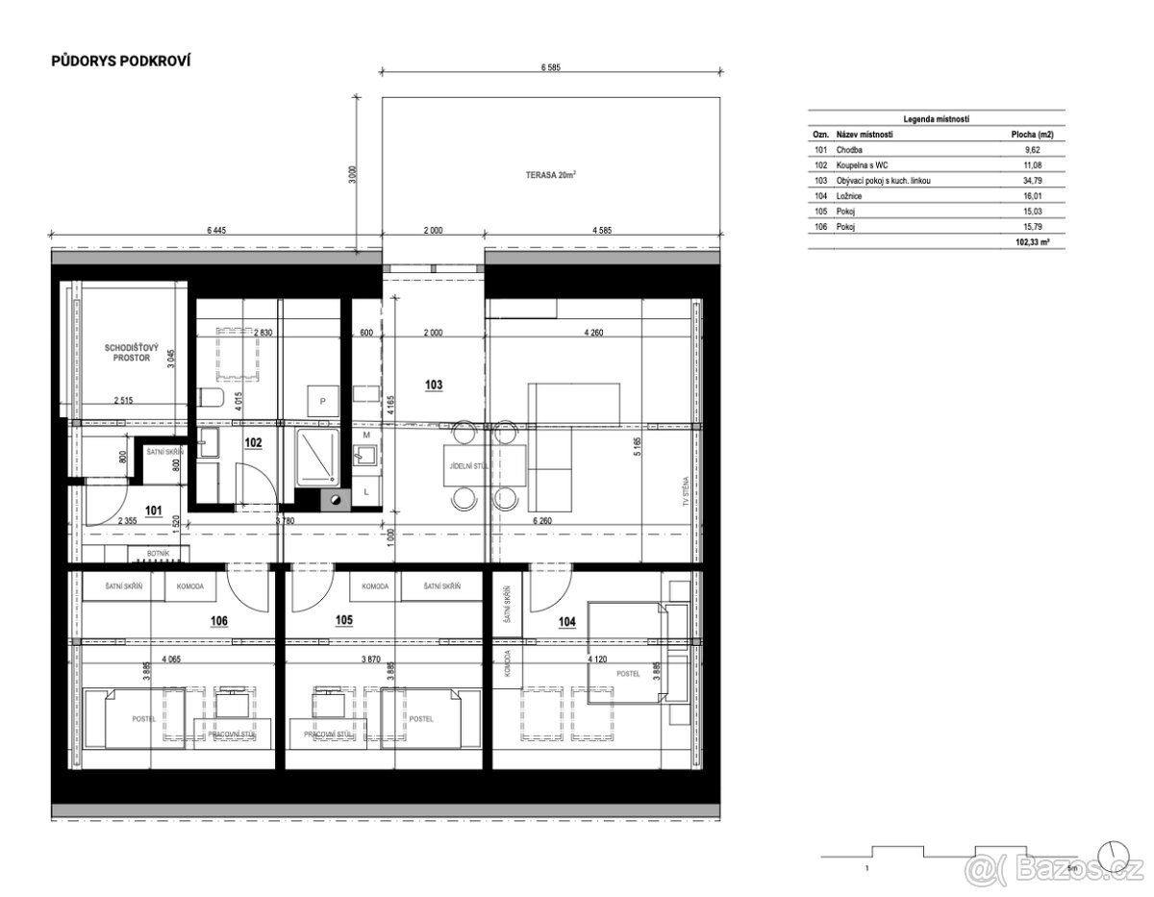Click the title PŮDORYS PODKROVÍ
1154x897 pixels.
pyautogui.click(x=120, y=61)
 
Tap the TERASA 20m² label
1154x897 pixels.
pyautogui.click(x=550, y=175)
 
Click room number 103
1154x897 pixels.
pyautogui.click(x=436, y=383)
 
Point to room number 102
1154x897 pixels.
pyautogui.click(x=253, y=443)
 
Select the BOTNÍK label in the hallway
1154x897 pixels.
pyautogui.click(x=159, y=553)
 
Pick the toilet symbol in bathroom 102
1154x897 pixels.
pyautogui.click(x=213, y=398)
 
